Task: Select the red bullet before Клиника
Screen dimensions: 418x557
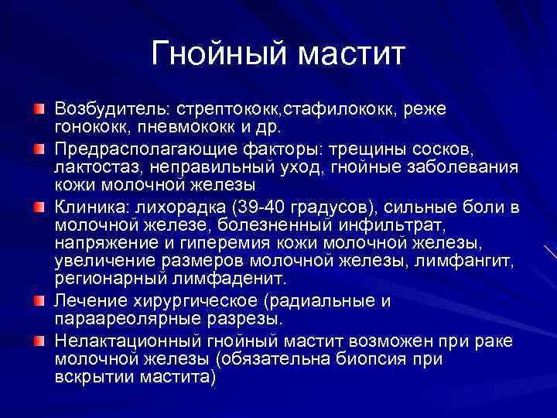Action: tap(39, 207)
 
